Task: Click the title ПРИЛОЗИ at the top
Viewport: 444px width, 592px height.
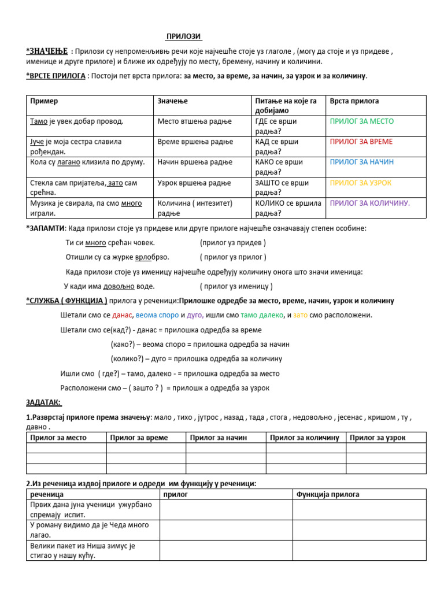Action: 184,36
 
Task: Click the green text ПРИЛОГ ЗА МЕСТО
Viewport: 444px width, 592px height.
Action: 361,121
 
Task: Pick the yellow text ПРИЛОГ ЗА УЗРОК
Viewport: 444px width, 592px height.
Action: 361,183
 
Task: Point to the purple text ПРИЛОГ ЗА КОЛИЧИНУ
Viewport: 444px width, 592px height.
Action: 369,203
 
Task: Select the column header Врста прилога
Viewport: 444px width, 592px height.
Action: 354,101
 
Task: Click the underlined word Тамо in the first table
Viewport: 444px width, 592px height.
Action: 39,121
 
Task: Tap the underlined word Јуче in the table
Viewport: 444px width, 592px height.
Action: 38,142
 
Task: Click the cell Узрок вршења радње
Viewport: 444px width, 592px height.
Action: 194,183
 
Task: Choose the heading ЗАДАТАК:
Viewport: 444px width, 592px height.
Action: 43,402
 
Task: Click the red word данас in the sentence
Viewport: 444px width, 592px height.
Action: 122,315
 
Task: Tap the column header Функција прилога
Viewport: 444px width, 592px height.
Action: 327,494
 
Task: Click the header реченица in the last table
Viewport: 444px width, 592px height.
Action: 47,494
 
